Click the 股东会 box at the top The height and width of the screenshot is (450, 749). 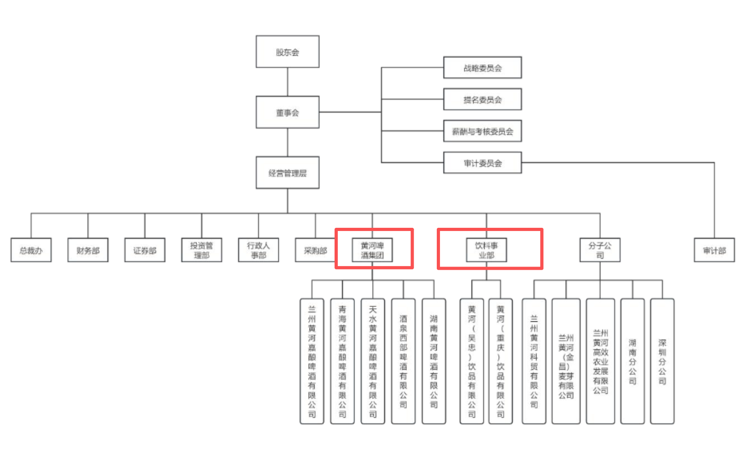tap(287, 52)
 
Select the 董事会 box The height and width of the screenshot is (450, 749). tap(287, 112)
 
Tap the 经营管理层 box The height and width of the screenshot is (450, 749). tap(287, 173)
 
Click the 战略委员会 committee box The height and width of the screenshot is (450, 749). tap(482, 68)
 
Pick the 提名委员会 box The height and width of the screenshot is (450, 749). tap(482, 100)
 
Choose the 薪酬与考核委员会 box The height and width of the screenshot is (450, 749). tap(482, 131)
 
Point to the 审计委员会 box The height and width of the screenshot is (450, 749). tap(482, 163)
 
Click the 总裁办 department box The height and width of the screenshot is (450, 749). tap(31, 250)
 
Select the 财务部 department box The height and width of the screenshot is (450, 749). tap(88, 250)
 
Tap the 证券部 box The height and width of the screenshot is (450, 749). tap(145, 250)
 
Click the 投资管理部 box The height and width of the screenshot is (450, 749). tap(202, 250)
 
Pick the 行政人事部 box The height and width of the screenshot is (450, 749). tap(258, 250)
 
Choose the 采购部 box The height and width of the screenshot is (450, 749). tap(315, 250)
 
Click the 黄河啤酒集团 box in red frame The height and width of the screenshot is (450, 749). tap(372, 250)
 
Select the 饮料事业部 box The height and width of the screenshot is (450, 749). tap(486, 250)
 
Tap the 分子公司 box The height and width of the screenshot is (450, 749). tap(600, 250)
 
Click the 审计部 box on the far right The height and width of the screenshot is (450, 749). tap(714, 250)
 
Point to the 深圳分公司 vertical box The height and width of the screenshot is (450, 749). tap(662, 361)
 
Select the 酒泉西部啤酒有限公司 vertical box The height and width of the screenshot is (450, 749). tap(403, 361)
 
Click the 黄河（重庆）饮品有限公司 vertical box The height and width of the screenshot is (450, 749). tap(501, 361)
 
